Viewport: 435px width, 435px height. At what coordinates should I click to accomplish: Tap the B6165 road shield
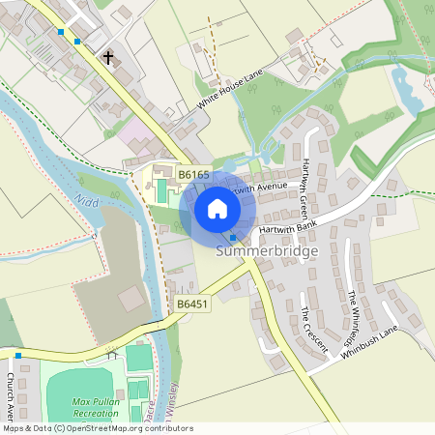coord(193,174)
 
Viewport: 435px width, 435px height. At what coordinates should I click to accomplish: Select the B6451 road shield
coord(192,304)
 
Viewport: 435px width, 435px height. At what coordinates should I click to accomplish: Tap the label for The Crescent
coord(314,329)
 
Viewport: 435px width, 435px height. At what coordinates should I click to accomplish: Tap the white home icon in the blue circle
coord(217,208)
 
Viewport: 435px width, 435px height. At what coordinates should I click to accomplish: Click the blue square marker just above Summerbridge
coord(233,238)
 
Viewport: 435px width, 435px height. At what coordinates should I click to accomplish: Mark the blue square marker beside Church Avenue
coord(17,356)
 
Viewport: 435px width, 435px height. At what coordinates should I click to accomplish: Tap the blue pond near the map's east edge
coord(403,88)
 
